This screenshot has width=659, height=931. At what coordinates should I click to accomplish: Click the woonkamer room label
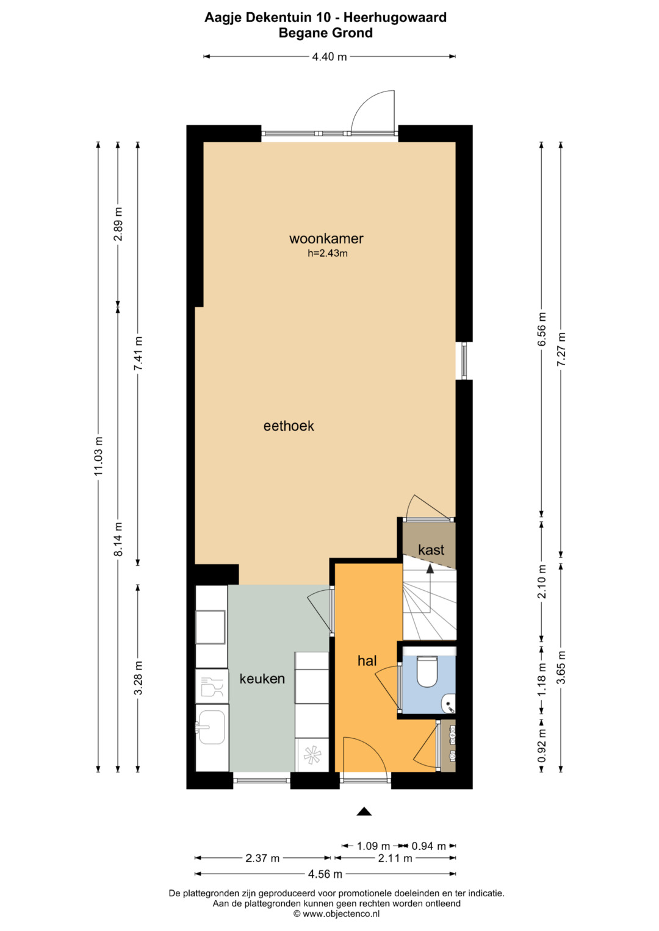pyautogui.click(x=326, y=238)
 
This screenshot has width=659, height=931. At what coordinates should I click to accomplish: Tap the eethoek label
pyautogui.click(x=289, y=426)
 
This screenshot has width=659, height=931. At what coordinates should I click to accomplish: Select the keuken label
pyautogui.click(x=262, y=679)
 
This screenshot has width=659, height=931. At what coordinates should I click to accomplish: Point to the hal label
pyautogui.click(x=367, y=660)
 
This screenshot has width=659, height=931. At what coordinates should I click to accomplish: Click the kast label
pyautogui.click(x=431, y=550)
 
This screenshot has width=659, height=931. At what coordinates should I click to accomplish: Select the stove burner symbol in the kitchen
pyautogui.click(x=312, y=755)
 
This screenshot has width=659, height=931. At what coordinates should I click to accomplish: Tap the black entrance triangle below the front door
pyautogui.click(x=364, y=811)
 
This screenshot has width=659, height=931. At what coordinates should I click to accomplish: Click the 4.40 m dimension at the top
pyautogui.click(x=329, y=57)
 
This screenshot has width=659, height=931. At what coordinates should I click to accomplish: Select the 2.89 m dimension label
pyautogui.click(x=118, y=224)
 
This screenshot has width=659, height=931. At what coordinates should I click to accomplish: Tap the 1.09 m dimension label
pyautogui.click(x=373, y=846)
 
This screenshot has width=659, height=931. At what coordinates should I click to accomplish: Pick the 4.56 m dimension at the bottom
pyautogui.click(x=325, y=874)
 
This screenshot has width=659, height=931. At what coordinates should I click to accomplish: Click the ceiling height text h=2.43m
pyautogui.click(x=328, y=253)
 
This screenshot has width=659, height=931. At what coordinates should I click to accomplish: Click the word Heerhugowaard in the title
pyautogui.click(x=395, y=18)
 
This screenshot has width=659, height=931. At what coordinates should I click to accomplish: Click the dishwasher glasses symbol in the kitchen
pyautogui.click(x=211, y=686)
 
